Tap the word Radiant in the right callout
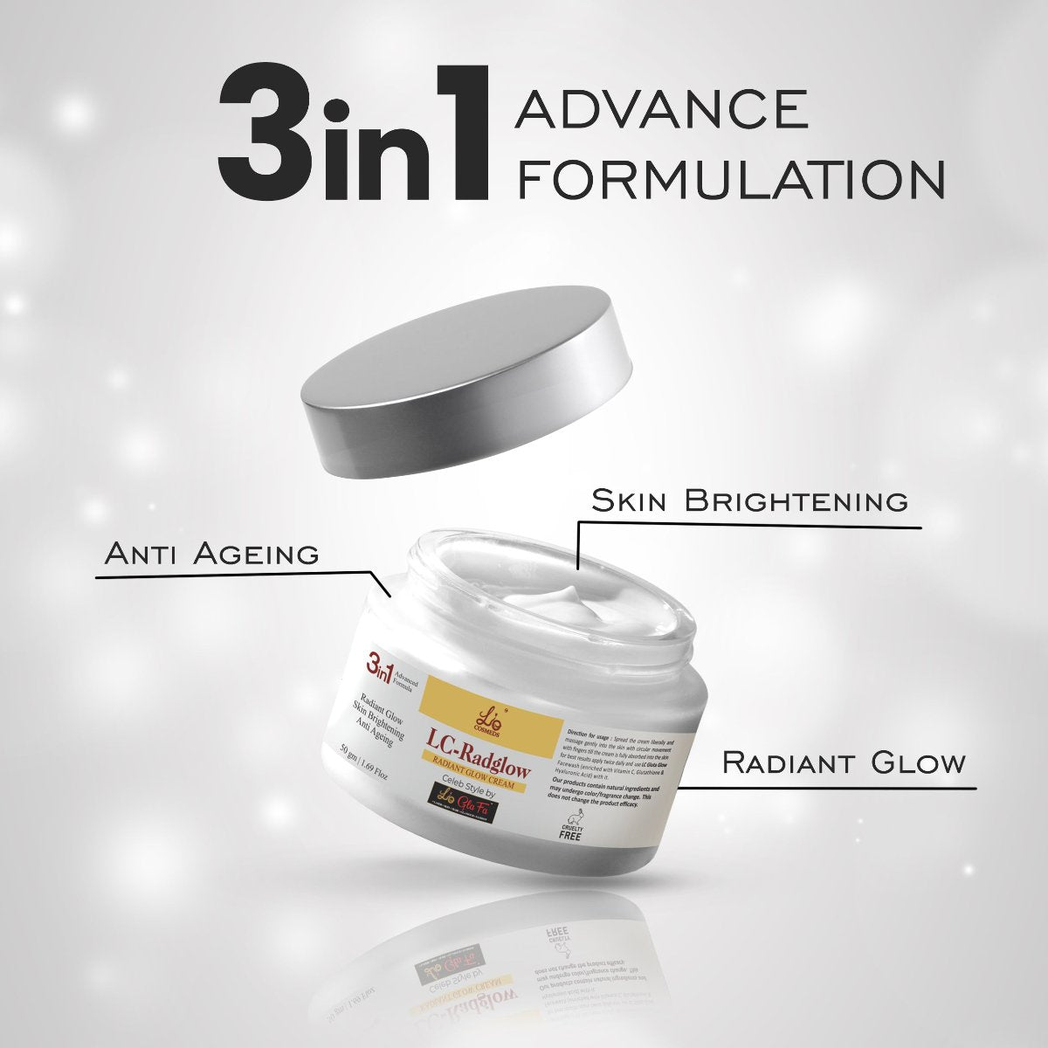pos(790,762)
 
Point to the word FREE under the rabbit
pos(570,836)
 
